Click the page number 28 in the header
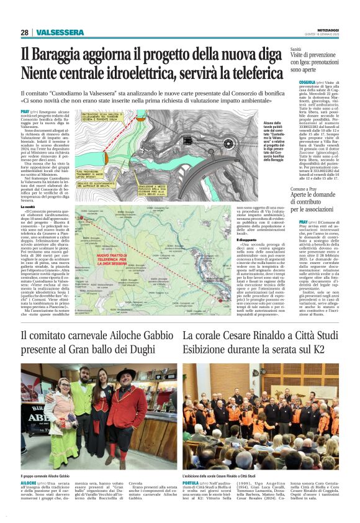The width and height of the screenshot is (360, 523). pyautogui.click(x=24, y=32)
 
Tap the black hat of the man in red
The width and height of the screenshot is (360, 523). pyautogui.click(x=127, y=375)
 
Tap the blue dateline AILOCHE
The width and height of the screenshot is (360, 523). pyautogui.click(x=29, y=482)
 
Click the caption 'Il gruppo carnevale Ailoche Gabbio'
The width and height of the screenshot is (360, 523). pyautogui.click(x=49, y=475)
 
